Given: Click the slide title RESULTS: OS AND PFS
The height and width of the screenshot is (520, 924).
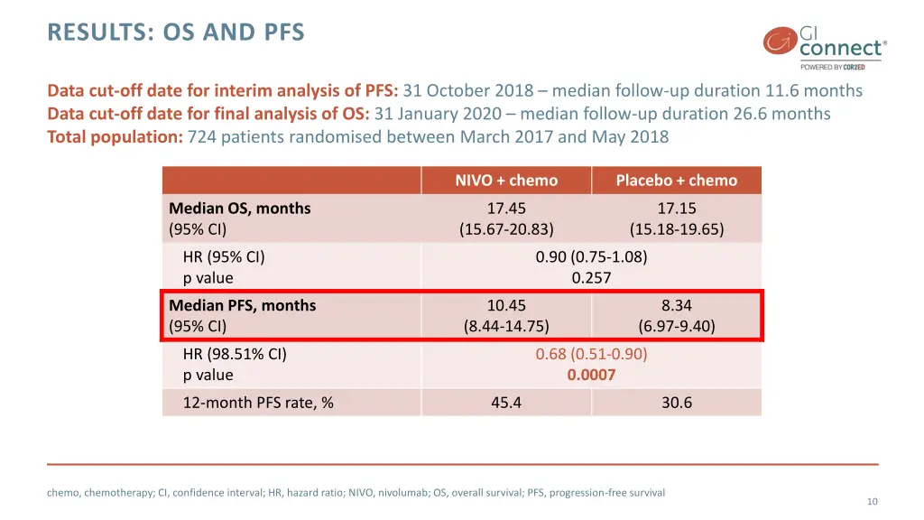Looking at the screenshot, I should pos(176,33).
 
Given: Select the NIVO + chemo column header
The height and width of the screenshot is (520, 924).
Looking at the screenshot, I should pos(506,181).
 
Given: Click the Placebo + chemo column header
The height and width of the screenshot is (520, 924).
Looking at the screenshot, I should pos(676,181).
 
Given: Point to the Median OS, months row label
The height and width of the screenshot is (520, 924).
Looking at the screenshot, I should pos(240,209).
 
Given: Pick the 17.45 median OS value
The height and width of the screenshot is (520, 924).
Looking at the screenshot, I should pos(506,209).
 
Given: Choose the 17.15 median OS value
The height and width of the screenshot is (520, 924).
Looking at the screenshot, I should pos(676,209).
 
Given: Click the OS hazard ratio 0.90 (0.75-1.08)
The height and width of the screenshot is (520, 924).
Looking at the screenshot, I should pos(591,257).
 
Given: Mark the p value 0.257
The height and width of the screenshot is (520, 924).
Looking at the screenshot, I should pos(591,278).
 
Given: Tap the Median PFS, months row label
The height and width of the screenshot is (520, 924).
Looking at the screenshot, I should pos(243,306).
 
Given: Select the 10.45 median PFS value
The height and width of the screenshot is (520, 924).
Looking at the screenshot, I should pos(506,306).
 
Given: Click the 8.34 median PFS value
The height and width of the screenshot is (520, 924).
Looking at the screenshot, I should pos(676,306).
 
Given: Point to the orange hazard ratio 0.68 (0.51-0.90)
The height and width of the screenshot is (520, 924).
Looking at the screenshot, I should pos(591,354).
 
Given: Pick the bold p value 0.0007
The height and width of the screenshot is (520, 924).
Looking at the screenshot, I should pos(591,375).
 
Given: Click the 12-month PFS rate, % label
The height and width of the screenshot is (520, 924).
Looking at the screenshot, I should pos(258,403).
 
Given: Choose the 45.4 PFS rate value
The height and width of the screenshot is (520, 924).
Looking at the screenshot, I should pos(506,403).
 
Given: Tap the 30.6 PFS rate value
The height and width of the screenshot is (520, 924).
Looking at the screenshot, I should pos(676,403).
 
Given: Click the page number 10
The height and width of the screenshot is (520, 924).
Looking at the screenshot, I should pos(872,502).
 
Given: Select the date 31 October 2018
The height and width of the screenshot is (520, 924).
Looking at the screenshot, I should pos(470,91).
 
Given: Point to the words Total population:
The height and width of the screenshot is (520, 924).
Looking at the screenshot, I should pos(115,137).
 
